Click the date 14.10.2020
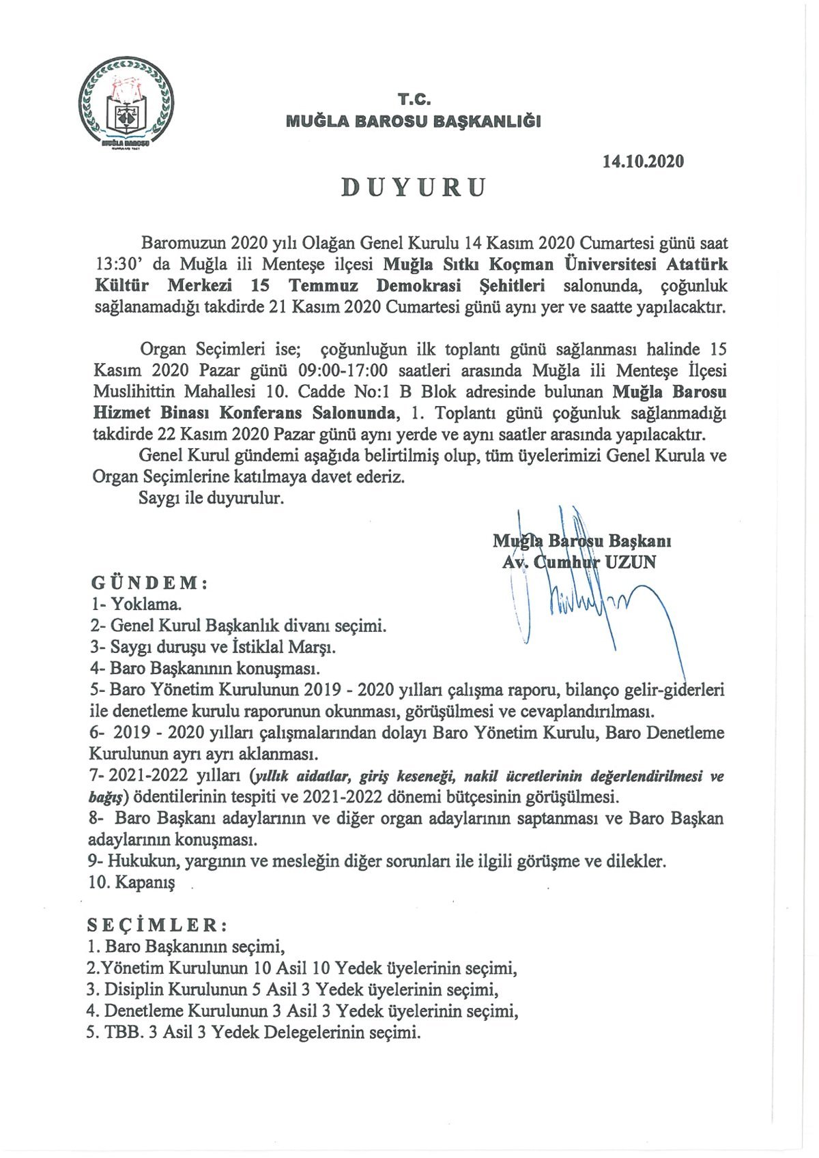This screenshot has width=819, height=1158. [643, 162]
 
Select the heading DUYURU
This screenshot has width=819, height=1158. [414, 187]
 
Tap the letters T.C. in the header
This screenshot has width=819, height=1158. [414, 100]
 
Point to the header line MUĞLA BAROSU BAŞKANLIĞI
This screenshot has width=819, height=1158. [414, 121]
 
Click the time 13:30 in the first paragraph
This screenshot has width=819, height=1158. [116, 264]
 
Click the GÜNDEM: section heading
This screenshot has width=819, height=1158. [149, 583]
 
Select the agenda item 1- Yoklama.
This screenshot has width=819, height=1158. [136, 605]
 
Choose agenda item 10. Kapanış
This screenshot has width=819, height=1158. [132, 882]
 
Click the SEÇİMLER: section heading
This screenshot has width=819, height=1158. [157, 925]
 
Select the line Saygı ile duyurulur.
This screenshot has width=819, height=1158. [211, 498]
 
